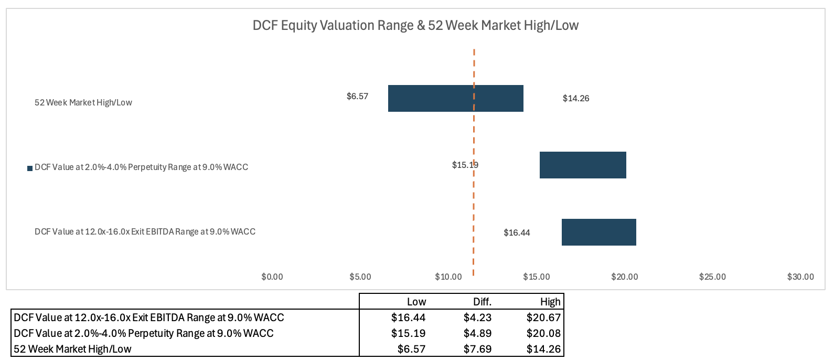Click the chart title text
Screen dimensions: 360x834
(x=415, y=25)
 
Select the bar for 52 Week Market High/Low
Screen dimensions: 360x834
(x=455, y=98)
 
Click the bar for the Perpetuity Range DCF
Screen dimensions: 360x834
(x=583, y=165)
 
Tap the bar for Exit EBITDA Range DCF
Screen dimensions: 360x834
(x=598, y=232)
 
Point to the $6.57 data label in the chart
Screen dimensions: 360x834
(x=357, y=97)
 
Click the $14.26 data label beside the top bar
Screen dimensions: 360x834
(x=576, y=99)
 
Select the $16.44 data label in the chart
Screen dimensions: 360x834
(x=517, y=232)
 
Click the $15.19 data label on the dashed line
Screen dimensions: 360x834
(x=465, y=165)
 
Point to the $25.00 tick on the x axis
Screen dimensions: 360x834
(x=712, y=277)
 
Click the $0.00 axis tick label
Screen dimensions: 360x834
(x=272, y=277)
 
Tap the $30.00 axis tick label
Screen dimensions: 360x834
(x=800, y=277)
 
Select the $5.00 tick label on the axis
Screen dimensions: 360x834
(x=360, y=277)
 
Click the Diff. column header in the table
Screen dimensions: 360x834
(x=482, y=302)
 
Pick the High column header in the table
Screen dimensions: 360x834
(x=550, y=302)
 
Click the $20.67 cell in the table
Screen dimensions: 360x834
(x=543, y=317)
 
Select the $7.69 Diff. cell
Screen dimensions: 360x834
(x=477, y=349)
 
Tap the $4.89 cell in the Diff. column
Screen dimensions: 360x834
(x=477, y=333)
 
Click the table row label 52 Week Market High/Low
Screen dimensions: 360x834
(x=72, y=349)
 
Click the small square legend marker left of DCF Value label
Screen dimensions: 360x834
(x=30, y=168)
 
